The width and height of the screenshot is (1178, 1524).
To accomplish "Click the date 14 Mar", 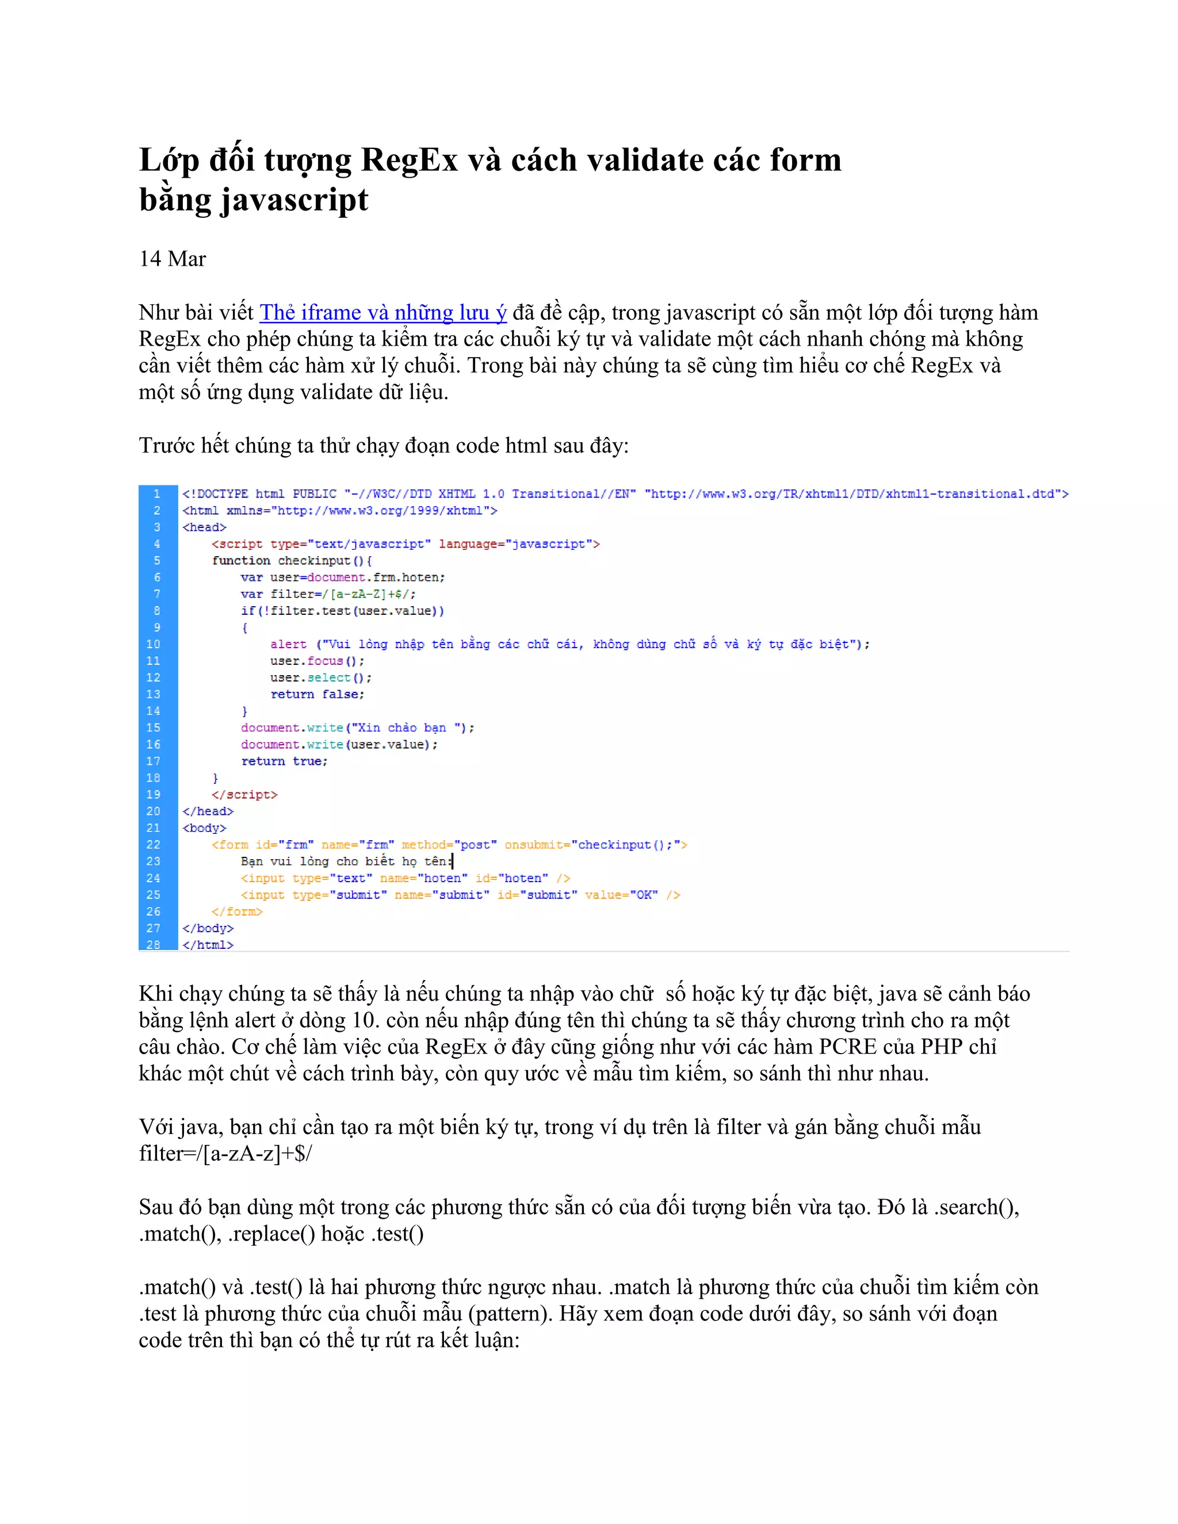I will click(x=173, y=259).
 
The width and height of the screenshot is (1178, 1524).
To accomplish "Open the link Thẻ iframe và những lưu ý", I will click(x=383, y=313).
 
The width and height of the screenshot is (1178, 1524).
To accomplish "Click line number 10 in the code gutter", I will click(x=154, y=644).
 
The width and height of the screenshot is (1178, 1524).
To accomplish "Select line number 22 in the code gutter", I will click(x=154, y=844).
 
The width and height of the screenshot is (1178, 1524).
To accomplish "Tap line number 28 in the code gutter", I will click(x=154, y=944).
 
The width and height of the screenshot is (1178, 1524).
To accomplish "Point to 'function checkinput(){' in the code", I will click(x=292, y=560).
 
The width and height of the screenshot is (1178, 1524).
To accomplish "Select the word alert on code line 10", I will click(x=288, y=644).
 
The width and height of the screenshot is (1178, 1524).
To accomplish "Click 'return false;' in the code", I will click(x=318, y=694).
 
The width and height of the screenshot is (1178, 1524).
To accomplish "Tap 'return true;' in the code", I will click(x=284, y=761).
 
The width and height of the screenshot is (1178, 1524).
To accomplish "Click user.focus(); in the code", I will click(x=318, y=661).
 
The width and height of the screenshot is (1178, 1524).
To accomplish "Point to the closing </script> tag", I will click(x=244, y=795).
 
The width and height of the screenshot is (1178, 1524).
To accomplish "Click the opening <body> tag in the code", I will click(x=204, y=828).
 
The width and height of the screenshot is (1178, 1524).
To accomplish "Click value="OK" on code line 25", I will click(x=621, y=895).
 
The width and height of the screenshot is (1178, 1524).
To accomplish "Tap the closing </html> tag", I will click(x=208, y=945).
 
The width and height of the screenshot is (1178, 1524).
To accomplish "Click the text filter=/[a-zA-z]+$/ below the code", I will click(x=225, y=1154).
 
